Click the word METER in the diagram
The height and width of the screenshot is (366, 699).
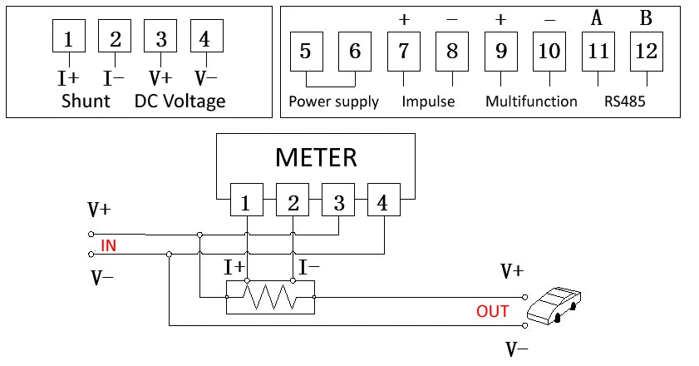[316, 156]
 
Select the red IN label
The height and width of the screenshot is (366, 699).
[108, 245]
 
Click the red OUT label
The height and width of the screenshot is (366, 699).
[492, 312]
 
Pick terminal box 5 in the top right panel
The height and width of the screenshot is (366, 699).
[305, 52]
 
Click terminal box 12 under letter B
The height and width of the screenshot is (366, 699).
[646, 52]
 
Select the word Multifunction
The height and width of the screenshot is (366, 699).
[531, 101]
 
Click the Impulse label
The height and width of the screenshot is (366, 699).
[428, 101]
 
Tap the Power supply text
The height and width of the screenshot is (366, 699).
[333, 101]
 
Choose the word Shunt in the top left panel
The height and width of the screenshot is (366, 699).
[86, 101]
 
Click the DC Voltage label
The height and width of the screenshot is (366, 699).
[180, 101]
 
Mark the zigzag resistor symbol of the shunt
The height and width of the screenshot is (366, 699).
[271, 296]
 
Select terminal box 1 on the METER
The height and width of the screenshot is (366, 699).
[246, 203]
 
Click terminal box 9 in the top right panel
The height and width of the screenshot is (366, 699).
[501, 52]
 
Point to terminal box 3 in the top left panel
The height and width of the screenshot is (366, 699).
[160, 38]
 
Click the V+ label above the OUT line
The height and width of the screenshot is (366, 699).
[512, 272]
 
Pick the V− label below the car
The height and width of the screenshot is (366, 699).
[516, 349]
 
